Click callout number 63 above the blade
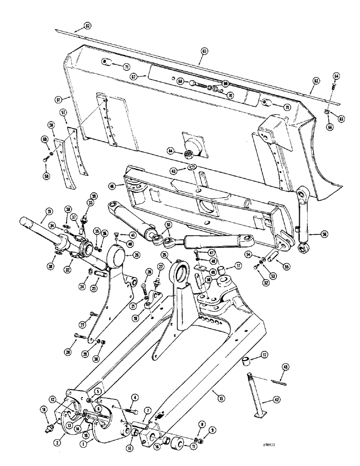coord(204,50)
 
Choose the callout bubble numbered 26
coord(137,254)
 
